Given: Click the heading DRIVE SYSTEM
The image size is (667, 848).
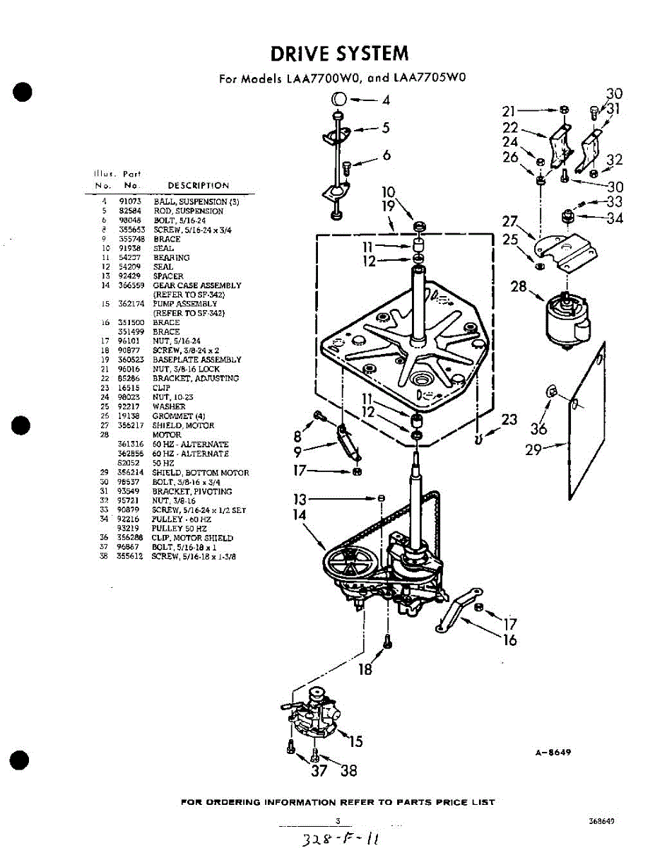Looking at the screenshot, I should (339, 54).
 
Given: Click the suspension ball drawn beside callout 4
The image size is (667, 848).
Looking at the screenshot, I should (338, 99).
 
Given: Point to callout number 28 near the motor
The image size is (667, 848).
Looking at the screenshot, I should (518, 286).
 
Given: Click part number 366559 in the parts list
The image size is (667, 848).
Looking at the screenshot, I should (131, 285).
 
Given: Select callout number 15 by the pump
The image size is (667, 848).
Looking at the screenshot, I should (355, 741).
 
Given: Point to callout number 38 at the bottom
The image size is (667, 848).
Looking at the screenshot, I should (349, 771).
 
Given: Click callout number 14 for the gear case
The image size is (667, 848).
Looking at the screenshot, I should (300, 515).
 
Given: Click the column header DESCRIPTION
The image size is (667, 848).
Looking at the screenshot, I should (198, 186).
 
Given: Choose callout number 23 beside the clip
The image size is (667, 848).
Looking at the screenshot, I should (509, 420).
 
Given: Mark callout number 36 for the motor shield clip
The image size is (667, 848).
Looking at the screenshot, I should (538, 428).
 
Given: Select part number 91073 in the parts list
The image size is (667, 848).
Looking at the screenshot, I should (131, 201).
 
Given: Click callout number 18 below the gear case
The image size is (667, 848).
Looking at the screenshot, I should (365, 669).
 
